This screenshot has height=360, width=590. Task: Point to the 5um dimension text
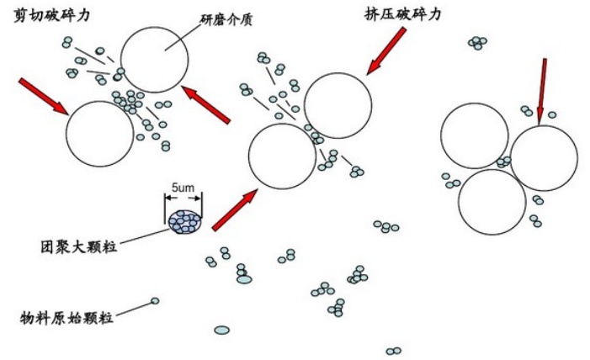(x=183, y=187)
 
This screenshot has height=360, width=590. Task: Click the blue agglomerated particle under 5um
(x=184, y=220)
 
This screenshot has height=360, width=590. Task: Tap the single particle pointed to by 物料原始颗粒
(x=155, y=300)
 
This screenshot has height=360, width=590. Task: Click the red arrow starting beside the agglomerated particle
(x=235, y=209)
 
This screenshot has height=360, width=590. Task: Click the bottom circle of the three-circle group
(x=492, y=202)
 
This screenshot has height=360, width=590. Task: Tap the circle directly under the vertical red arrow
(x=544, y=158)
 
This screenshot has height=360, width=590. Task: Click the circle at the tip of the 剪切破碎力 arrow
(x=99, y=134)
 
